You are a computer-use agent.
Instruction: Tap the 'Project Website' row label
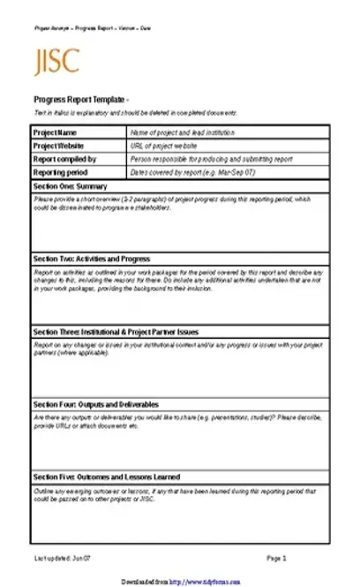(x=60, y=145)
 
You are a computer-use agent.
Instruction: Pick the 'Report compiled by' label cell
(x=64, y=159)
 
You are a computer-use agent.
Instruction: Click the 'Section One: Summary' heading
(x=70, y=186)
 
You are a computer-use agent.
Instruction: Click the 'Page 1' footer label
(x=277, y=559)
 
